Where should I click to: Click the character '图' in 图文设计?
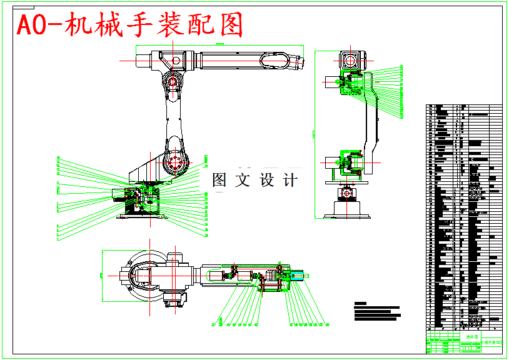(x=219, y=181)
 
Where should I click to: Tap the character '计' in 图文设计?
(x=290, y=181)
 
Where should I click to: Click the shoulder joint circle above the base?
(x=175, y=162)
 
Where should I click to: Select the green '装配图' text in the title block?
(x=471, y=337)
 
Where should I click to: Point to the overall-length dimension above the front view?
(x=219, y=45)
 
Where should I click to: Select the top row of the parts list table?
(x=463, y=106)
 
